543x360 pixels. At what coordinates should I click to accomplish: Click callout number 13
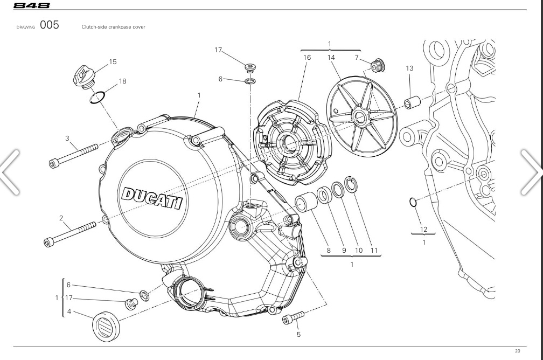(409, 68)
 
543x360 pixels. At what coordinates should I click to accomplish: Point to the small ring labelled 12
(413, 202)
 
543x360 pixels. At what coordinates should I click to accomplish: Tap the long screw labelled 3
(73, 154)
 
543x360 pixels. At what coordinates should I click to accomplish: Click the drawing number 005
(49, 25)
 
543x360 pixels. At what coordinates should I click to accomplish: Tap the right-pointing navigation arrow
(531, 171)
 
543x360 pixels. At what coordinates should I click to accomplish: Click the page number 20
(517, 351)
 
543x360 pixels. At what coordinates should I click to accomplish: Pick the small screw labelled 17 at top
(250, 68)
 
